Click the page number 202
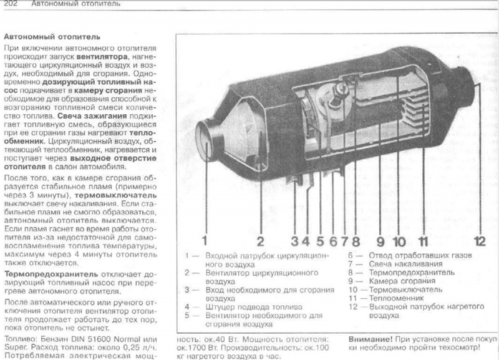point(11,4)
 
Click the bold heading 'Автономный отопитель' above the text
point(52,37)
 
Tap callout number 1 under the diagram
point(205,241)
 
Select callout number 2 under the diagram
point(260,241)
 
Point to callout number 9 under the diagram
point(380,241)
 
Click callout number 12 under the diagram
point(480,241)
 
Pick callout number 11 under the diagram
point(424,241)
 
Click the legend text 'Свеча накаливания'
point(405,264)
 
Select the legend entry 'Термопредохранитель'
point(412,273)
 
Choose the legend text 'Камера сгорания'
point(402,281)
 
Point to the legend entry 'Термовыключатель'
point(405,289)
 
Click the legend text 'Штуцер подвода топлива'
point(254,307)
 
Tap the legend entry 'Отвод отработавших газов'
point(420,255)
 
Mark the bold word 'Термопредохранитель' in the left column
point(51,274)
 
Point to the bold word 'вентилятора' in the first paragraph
point(102,57)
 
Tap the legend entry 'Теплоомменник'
point(396,298)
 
